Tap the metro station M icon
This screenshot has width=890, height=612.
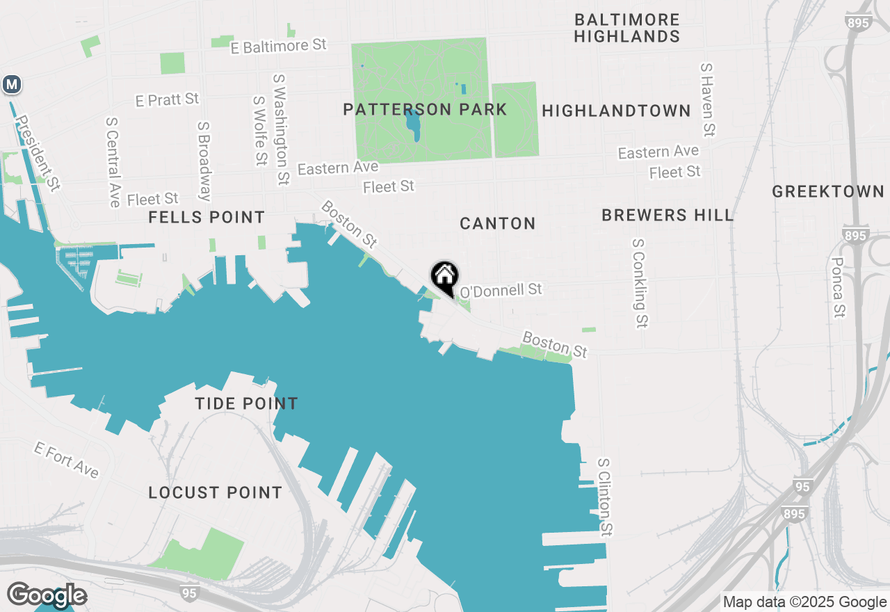point(11,85)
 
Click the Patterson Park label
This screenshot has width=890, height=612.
point(425,110)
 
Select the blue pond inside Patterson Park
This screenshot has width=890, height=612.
point(413,124)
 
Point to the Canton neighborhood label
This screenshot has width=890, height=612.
point(498,223)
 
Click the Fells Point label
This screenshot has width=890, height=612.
point(207,218)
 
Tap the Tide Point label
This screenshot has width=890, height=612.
point(246,403)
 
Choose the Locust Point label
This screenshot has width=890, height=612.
point(216,492)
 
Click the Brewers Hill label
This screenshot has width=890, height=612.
point(667,216)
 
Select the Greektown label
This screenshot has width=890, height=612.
point(827,191)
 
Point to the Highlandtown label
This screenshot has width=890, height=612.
point(616,111)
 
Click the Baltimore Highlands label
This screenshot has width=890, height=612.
point(627,28)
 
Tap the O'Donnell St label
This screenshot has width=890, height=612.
point(501,289)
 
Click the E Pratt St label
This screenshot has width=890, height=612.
point(168,99)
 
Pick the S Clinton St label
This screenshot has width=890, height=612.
point(606,497)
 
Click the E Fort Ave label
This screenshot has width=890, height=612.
point(67,460)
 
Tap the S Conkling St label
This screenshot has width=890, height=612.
point(640,283)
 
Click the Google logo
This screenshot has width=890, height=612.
point(47,596)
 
